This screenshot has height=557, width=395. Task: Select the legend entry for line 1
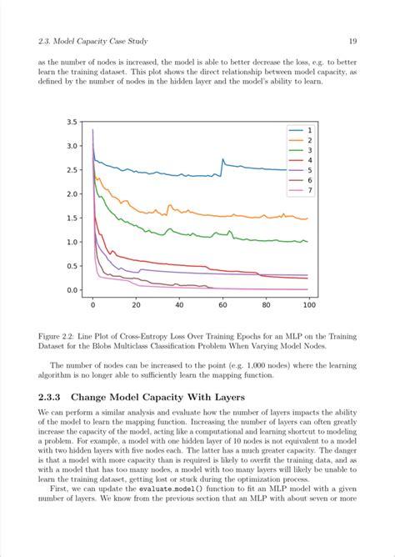[x=299, y=132]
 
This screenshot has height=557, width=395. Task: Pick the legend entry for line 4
[x=299, y=160]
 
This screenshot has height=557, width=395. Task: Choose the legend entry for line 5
[x=299, y=170]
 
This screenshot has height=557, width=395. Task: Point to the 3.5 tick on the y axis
[x=73, y=123]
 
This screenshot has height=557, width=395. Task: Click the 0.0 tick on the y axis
[x=73, y=291]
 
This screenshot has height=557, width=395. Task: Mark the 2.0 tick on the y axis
[x=73, y=194]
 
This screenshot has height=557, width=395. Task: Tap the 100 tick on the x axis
[x=309, y=305]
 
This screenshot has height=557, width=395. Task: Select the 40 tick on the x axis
[x=179, y=305]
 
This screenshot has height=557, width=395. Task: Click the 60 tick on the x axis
[x=222, y=305]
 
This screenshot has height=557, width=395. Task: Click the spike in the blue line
[x=222, y=159]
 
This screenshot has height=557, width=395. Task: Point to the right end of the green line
[x=307, y=242]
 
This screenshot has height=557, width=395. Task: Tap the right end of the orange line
[x=307, y=218]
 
